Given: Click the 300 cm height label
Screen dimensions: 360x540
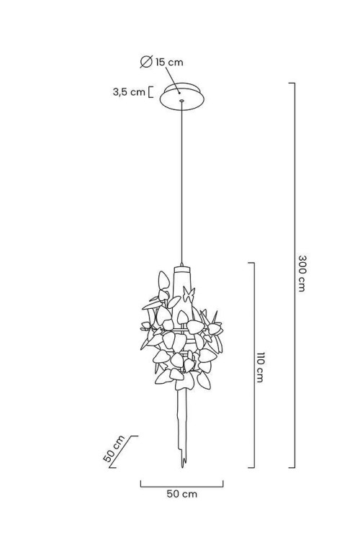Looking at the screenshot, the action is click(x=302, y=274).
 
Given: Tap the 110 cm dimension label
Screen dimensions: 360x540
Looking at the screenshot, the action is click(x=260, y=367).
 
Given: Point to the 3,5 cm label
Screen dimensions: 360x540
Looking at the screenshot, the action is click(x=129, y=92).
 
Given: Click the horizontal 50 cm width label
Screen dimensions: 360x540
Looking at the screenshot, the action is click(x=182, y=494).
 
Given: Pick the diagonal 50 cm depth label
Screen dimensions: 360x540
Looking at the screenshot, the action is click(x=114, y=449).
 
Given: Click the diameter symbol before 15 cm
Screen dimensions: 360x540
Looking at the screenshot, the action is click(x=146, y=62).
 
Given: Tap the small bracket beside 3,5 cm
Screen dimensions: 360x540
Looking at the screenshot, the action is click(x=150, y=92).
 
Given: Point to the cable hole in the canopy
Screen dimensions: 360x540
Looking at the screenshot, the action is click(x=181, y=101).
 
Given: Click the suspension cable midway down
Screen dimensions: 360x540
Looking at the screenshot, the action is click(x=181, y=183).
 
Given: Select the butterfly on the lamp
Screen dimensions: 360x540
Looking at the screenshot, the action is click(x=189, y=294).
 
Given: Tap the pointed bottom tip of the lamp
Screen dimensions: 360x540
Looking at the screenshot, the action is click(x=183, y=467).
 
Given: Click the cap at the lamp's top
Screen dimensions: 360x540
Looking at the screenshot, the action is click(x=182, y=269).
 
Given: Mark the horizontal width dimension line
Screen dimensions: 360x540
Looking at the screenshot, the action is click(x=182, y=487).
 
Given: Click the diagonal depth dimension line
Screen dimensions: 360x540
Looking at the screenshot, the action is click(x=124, y=451).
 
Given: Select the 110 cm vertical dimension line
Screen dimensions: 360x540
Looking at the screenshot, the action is click(x=254, y=365).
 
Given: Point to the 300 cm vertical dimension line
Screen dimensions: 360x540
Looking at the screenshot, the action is click(x=294, y=275).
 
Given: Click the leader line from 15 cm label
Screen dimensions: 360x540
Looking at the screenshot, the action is click(x=172, y=80).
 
